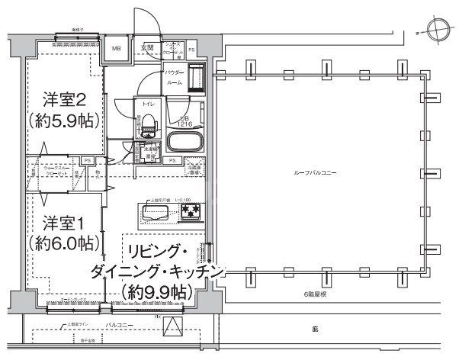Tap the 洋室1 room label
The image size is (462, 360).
61,224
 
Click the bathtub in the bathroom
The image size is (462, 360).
185,142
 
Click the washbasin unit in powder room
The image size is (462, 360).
196,77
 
